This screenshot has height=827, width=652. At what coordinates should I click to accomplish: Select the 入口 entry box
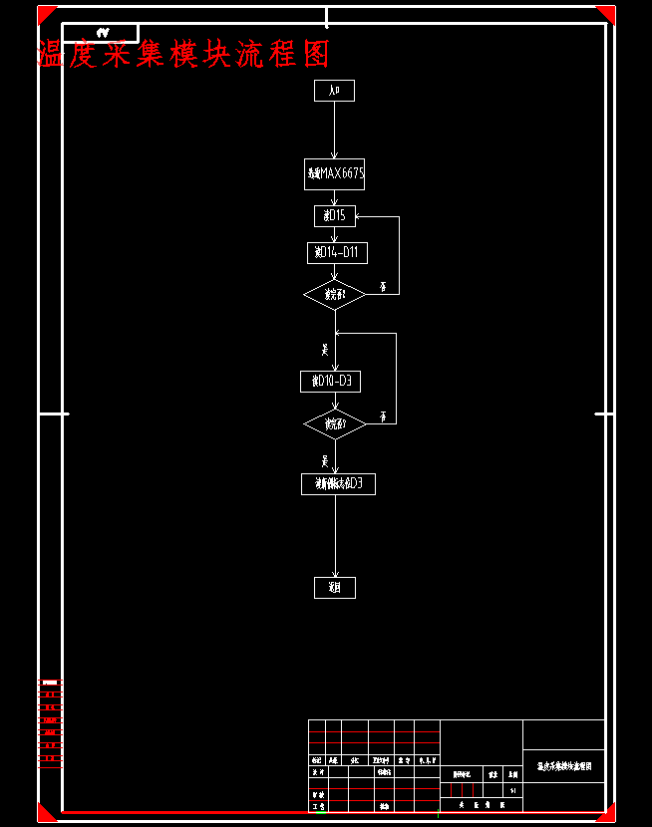point(334,91)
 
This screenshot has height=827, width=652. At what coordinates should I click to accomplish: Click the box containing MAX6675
point(334,174)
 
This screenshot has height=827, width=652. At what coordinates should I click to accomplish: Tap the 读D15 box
point(334,216)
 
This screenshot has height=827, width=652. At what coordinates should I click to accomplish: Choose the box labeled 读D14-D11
point(337,253)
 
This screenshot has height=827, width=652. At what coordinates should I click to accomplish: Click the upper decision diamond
point(335,295)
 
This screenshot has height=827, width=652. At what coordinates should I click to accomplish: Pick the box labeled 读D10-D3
point(330,382)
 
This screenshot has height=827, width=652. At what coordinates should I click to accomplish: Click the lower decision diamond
point(335,424)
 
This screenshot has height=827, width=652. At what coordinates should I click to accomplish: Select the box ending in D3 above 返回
point(338,484)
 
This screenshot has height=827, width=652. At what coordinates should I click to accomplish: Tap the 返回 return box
point(334,588)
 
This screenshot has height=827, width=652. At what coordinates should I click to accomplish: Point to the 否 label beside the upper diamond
point(383,287)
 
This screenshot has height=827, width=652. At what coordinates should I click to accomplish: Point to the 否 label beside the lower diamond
point(383,416)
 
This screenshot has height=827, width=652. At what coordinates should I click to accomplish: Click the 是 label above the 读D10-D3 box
point(325,349)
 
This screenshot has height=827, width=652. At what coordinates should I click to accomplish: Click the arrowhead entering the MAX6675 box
point(334,155)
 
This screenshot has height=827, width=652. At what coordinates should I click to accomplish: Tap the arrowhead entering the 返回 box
point(334,574)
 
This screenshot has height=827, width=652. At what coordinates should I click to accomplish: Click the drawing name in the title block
point(564,766)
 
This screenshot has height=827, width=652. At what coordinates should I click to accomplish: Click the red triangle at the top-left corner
point(45,13)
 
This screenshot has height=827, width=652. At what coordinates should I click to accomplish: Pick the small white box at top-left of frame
point(101,33)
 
